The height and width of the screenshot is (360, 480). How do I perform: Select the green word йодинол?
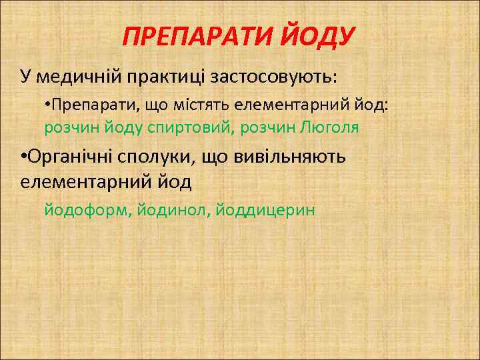[x=173, y=210]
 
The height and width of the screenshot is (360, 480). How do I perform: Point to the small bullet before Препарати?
[x=47, y=105]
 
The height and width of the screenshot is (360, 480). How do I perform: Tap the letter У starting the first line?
[x=25, y=76]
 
